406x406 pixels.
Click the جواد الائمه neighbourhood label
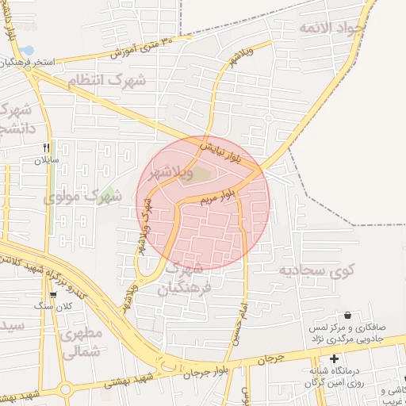point(333,29)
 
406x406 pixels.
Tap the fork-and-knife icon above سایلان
point(46,148)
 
